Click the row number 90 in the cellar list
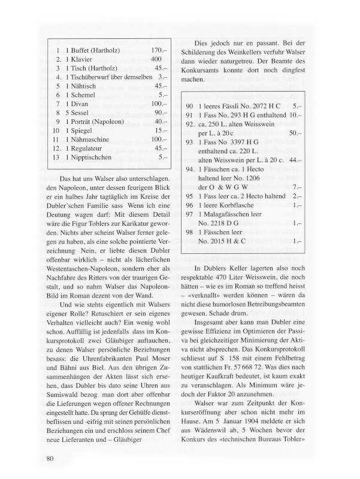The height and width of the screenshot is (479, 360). [189, 106]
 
